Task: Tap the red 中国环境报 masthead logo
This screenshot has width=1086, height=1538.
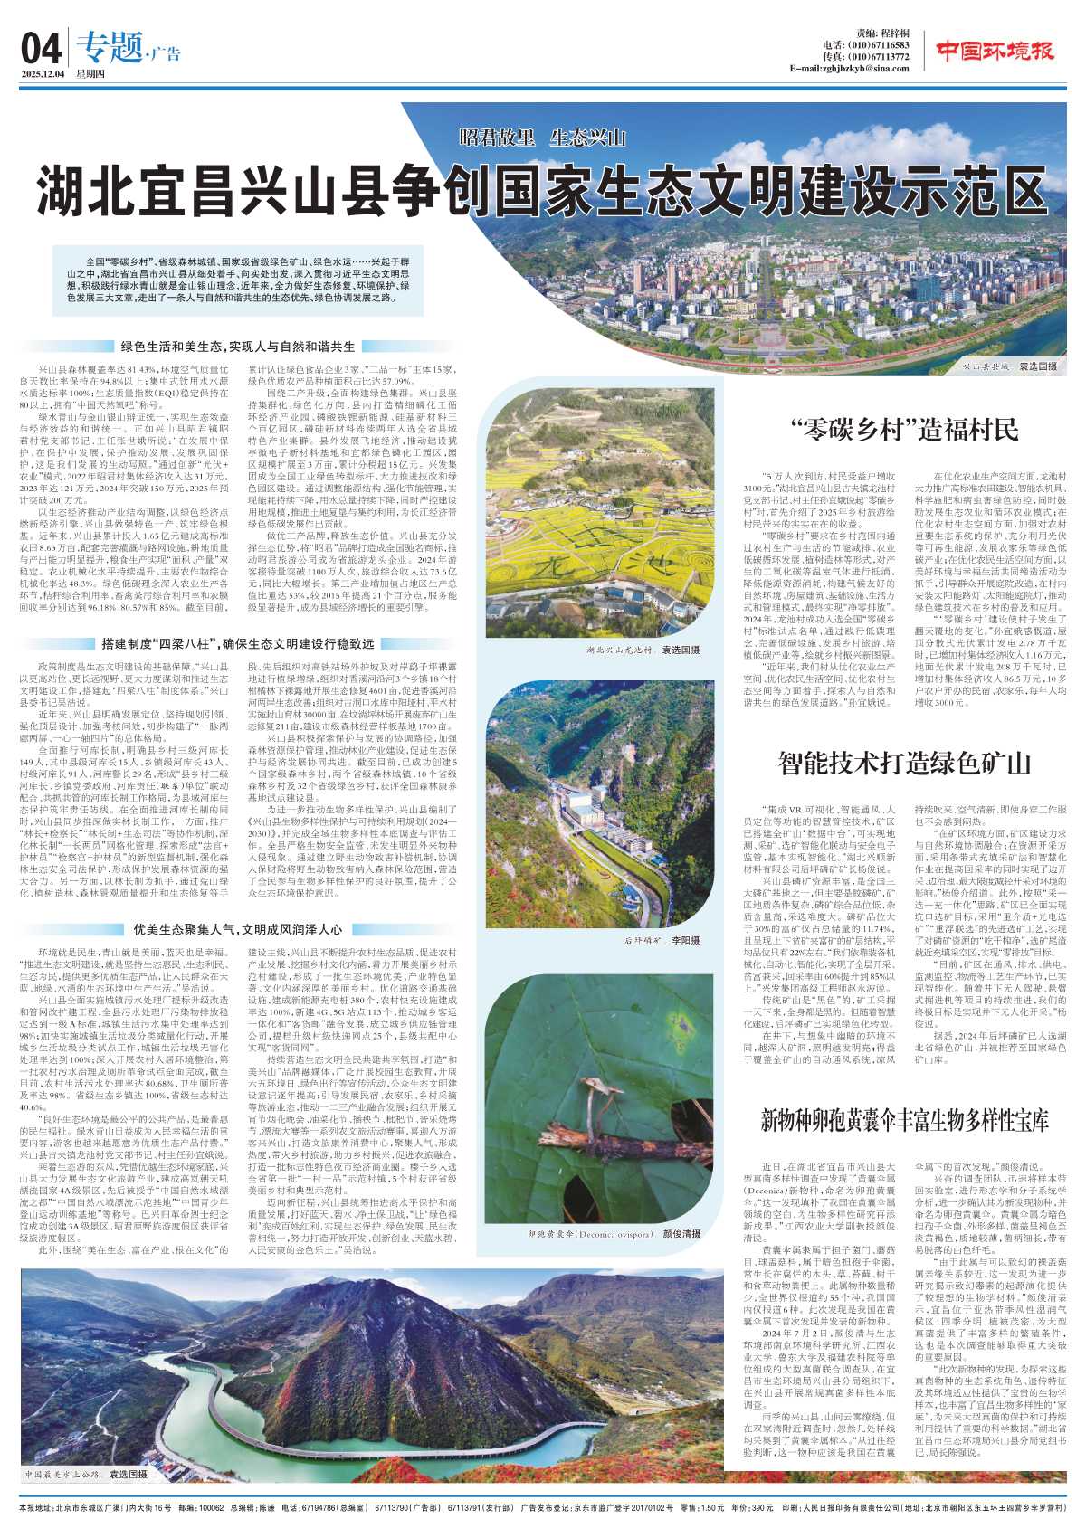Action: (995, 51)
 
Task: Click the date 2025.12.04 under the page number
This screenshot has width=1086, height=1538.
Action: (46, 74)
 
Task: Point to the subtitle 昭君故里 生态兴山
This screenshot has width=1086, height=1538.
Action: (542, 138)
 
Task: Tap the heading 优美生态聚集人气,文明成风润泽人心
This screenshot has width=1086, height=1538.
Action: (237, 928)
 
